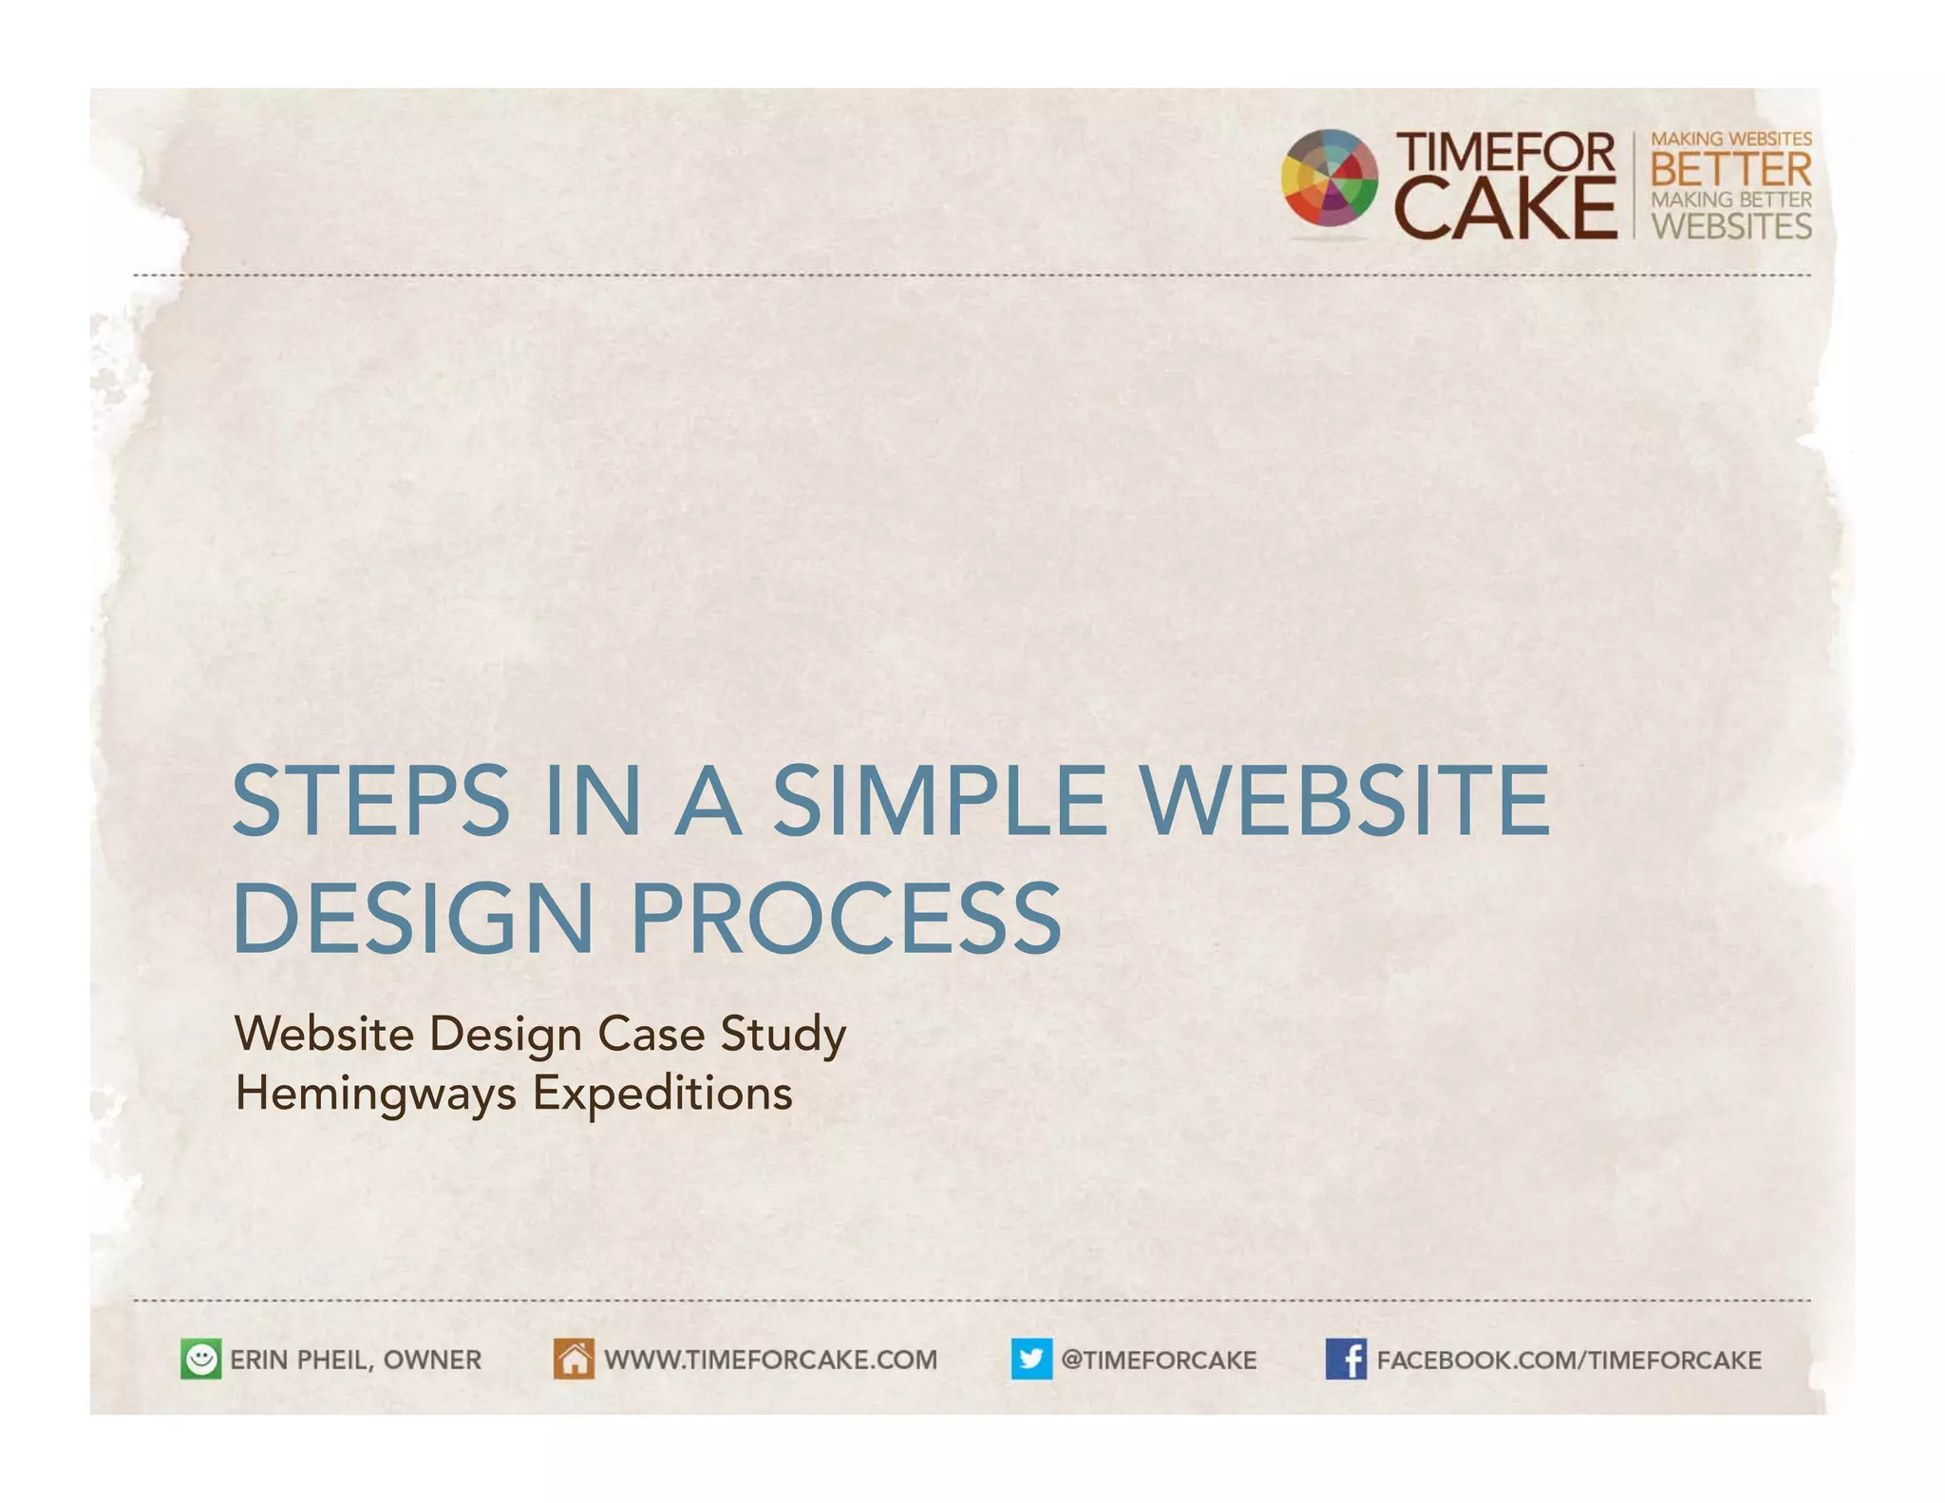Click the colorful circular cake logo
pyautogui.click(x=1329, y=178)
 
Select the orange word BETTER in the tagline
pyautogui.click(x=1730, y=170)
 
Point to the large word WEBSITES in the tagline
pyautogui.click(x=1730, y=226)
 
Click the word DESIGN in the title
pyautogui.click(x=413, y=918)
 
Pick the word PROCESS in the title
pyautogui.click(x=845, y=918)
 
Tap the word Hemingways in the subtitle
pyautogui.click(x=376, y=1094)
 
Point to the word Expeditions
pyautogui.click(x=662, y=1094)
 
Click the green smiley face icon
pyautogui.click(x=200, y=1360)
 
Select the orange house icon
pyautogui.click(x=574, y=1360)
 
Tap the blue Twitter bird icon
pyautogui.click(x=1031, y=1360)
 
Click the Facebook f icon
pyautogui.click(x=1346, y=1360)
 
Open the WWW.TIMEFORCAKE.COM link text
pyautogui.click(x=770, y=1360)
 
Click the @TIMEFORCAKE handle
pyautogui.click(x=1158, y=1360)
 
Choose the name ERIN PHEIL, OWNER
pyautogui.click(x=355, y=1360)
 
